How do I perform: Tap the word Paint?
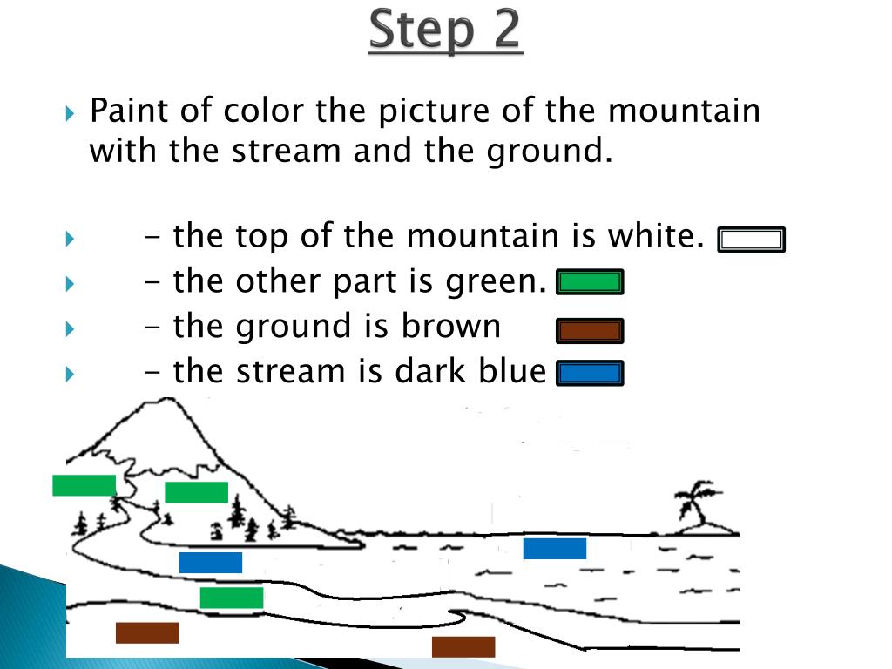pyautogui.click(x=130, y=110)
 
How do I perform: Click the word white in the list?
pyautogui.click(x=656, y=235)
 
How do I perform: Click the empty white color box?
pyautogui.click(x=751, y=240)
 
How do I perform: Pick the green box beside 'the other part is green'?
pyautogui.click(x=590, y=282)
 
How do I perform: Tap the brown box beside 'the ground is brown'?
pyautogui.click(x=590, y=331)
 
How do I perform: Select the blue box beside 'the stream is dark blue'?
pyautogui.click(x=590, y=373)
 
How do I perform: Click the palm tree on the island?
pyautogui.click(x=695, y=502)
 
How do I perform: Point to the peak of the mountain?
pyautogui.click(x=169, y=399)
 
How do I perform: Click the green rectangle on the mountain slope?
pyautogui.click(x=196, y=492)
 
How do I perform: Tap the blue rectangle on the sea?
pyautogui.click(x=555, y=549)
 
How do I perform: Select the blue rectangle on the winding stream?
pyautogui.click(x=211, y=563)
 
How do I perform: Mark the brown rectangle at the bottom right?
pyautogui.click(x=463, y=647)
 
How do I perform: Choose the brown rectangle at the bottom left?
pyautogui.click(x=147, y=632)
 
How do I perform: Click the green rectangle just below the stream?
pyautogui.click(x=232, y=598)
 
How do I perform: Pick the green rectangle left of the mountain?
pyautogui.click(x=84, y=485)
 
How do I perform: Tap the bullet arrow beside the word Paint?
pyautogui.click(x=70, y=113)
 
